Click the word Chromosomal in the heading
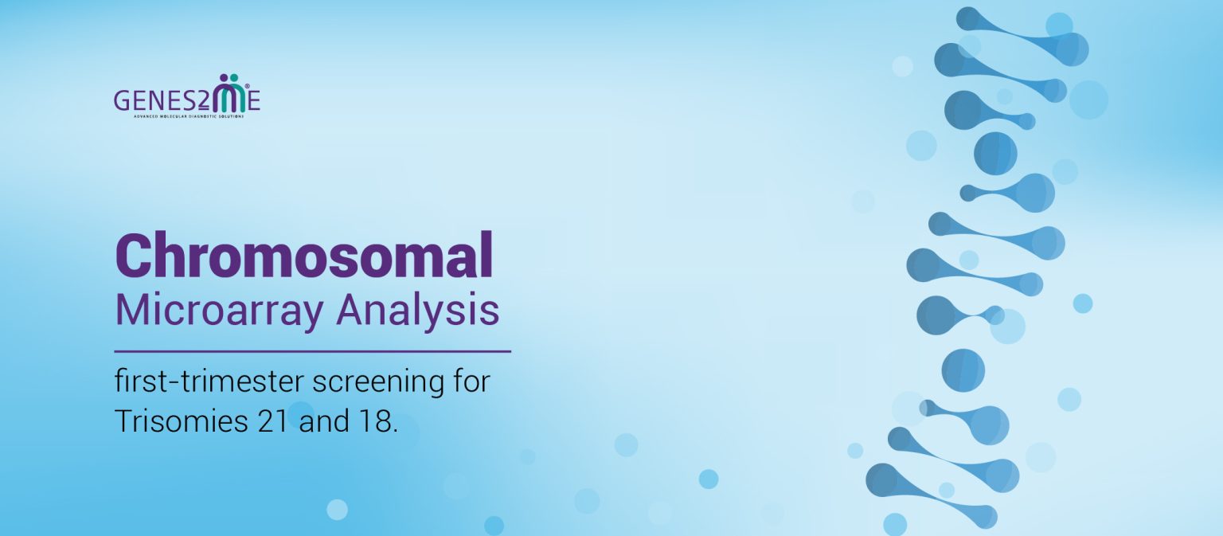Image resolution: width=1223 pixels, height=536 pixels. (x=304, y=255)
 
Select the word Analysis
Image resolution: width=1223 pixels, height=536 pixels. (x=417, y=311)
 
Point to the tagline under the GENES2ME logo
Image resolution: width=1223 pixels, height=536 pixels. (x=187, y=116)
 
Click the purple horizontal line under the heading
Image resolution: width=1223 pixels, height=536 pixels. (x=312, y=350)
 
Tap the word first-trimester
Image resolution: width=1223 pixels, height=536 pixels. (x=209, y=382)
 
